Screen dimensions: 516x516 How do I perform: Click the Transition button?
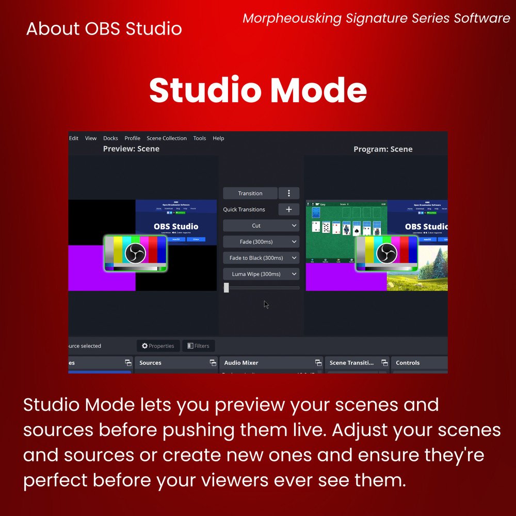(x=250, y=193)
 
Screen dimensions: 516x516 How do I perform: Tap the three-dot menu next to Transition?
(x=289, y=193)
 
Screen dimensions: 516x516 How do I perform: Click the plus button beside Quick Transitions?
(x=289, y=209)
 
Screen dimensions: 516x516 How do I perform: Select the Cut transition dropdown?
(x=261, y=225)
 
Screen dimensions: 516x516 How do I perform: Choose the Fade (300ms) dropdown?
(x=261, y=241)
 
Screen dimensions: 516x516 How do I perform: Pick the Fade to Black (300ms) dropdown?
(x=261, y=257)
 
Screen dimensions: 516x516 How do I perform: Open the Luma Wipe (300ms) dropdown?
(x=261, y=274)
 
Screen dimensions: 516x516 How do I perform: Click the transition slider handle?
(x=226, y=287)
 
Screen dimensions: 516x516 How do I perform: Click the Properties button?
(x=158, y=346)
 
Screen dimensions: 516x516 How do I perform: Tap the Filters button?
(x=198, y=346)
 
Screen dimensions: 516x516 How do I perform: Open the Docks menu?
(x=110, y=138)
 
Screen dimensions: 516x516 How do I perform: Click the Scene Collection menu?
(x=167, y=138)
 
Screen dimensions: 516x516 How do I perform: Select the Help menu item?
(x=218, y=138)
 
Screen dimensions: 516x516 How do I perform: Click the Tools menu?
(x=200, y=138)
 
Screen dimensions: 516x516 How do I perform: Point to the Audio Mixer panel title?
(x=241, y=363)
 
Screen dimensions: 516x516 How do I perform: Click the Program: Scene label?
(x=383, y=149)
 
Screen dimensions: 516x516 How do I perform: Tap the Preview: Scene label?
(x=131, y=149)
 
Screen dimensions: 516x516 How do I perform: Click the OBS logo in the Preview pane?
(x=136, y=253)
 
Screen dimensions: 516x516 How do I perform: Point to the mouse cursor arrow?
(x=266, y=304)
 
